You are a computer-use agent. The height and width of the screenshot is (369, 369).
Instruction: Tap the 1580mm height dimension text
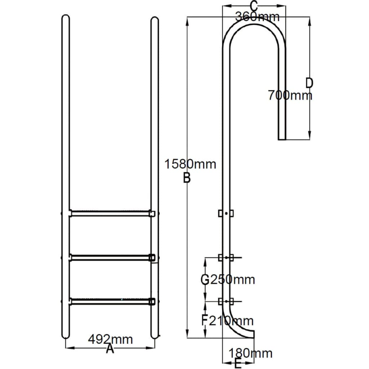[190, 164]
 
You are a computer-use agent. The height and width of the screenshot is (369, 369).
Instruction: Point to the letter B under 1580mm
[186, 178]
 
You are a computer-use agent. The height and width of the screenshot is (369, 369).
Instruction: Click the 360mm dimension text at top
[257, 17]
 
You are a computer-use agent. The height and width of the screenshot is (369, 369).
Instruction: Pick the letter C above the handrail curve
[254, 6]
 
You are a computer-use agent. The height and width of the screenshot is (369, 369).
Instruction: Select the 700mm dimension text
[290, 95]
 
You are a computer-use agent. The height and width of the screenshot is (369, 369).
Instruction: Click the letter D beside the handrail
[309, 83]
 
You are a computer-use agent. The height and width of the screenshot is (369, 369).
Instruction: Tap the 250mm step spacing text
[232, 279]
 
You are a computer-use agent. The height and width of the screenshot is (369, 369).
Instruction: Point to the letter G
[205, 279]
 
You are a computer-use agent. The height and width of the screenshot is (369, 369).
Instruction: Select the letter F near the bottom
[204, 320]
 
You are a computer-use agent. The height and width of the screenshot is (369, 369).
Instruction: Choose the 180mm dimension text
[250, 353]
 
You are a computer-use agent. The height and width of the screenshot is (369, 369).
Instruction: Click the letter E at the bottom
[237, 364]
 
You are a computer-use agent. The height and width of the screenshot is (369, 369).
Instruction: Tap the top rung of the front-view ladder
[110, 213]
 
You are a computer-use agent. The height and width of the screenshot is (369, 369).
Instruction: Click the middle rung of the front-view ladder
[110, 257]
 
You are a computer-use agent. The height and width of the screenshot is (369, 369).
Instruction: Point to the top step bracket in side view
[226, 213]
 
